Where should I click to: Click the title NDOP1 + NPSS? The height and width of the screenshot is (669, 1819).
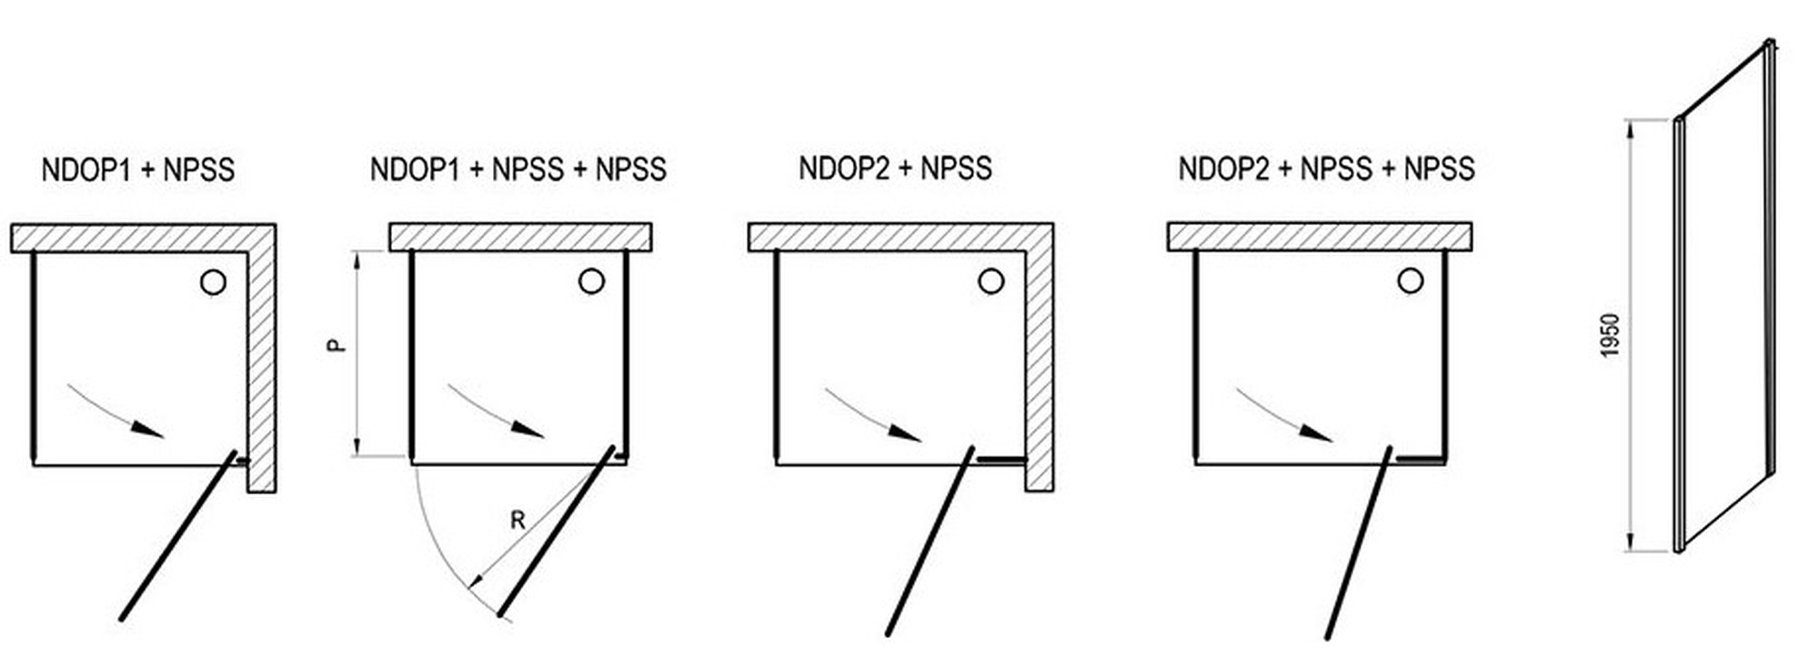(138, 170)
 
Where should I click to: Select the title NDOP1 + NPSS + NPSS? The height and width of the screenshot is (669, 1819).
(518, 169)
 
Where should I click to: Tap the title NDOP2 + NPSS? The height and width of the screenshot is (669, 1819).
(896, 168)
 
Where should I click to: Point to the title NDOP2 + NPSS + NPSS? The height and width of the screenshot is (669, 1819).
(1327, 168)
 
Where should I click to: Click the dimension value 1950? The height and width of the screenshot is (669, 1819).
(1610, 336)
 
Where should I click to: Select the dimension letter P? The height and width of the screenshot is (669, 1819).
(337, 346)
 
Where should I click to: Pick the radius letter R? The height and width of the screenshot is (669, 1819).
(518, 521)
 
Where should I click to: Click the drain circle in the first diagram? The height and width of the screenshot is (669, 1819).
(213, 282)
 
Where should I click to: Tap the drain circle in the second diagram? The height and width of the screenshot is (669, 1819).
(591, 281)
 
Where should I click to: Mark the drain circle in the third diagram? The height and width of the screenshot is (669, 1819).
(991, 281)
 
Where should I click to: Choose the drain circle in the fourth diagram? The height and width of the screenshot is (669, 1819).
(1411, 281)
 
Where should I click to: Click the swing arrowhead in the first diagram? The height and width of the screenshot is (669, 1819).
(147, 429)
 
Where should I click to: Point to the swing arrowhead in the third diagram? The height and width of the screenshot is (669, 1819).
(904, 432)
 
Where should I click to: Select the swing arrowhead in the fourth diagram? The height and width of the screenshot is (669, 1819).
(1316, 432)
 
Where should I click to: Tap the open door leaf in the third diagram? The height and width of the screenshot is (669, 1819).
(930, 541)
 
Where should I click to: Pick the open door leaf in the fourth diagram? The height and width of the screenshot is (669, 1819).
(1358, 542)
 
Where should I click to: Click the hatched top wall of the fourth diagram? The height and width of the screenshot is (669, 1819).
(1320, 237)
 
